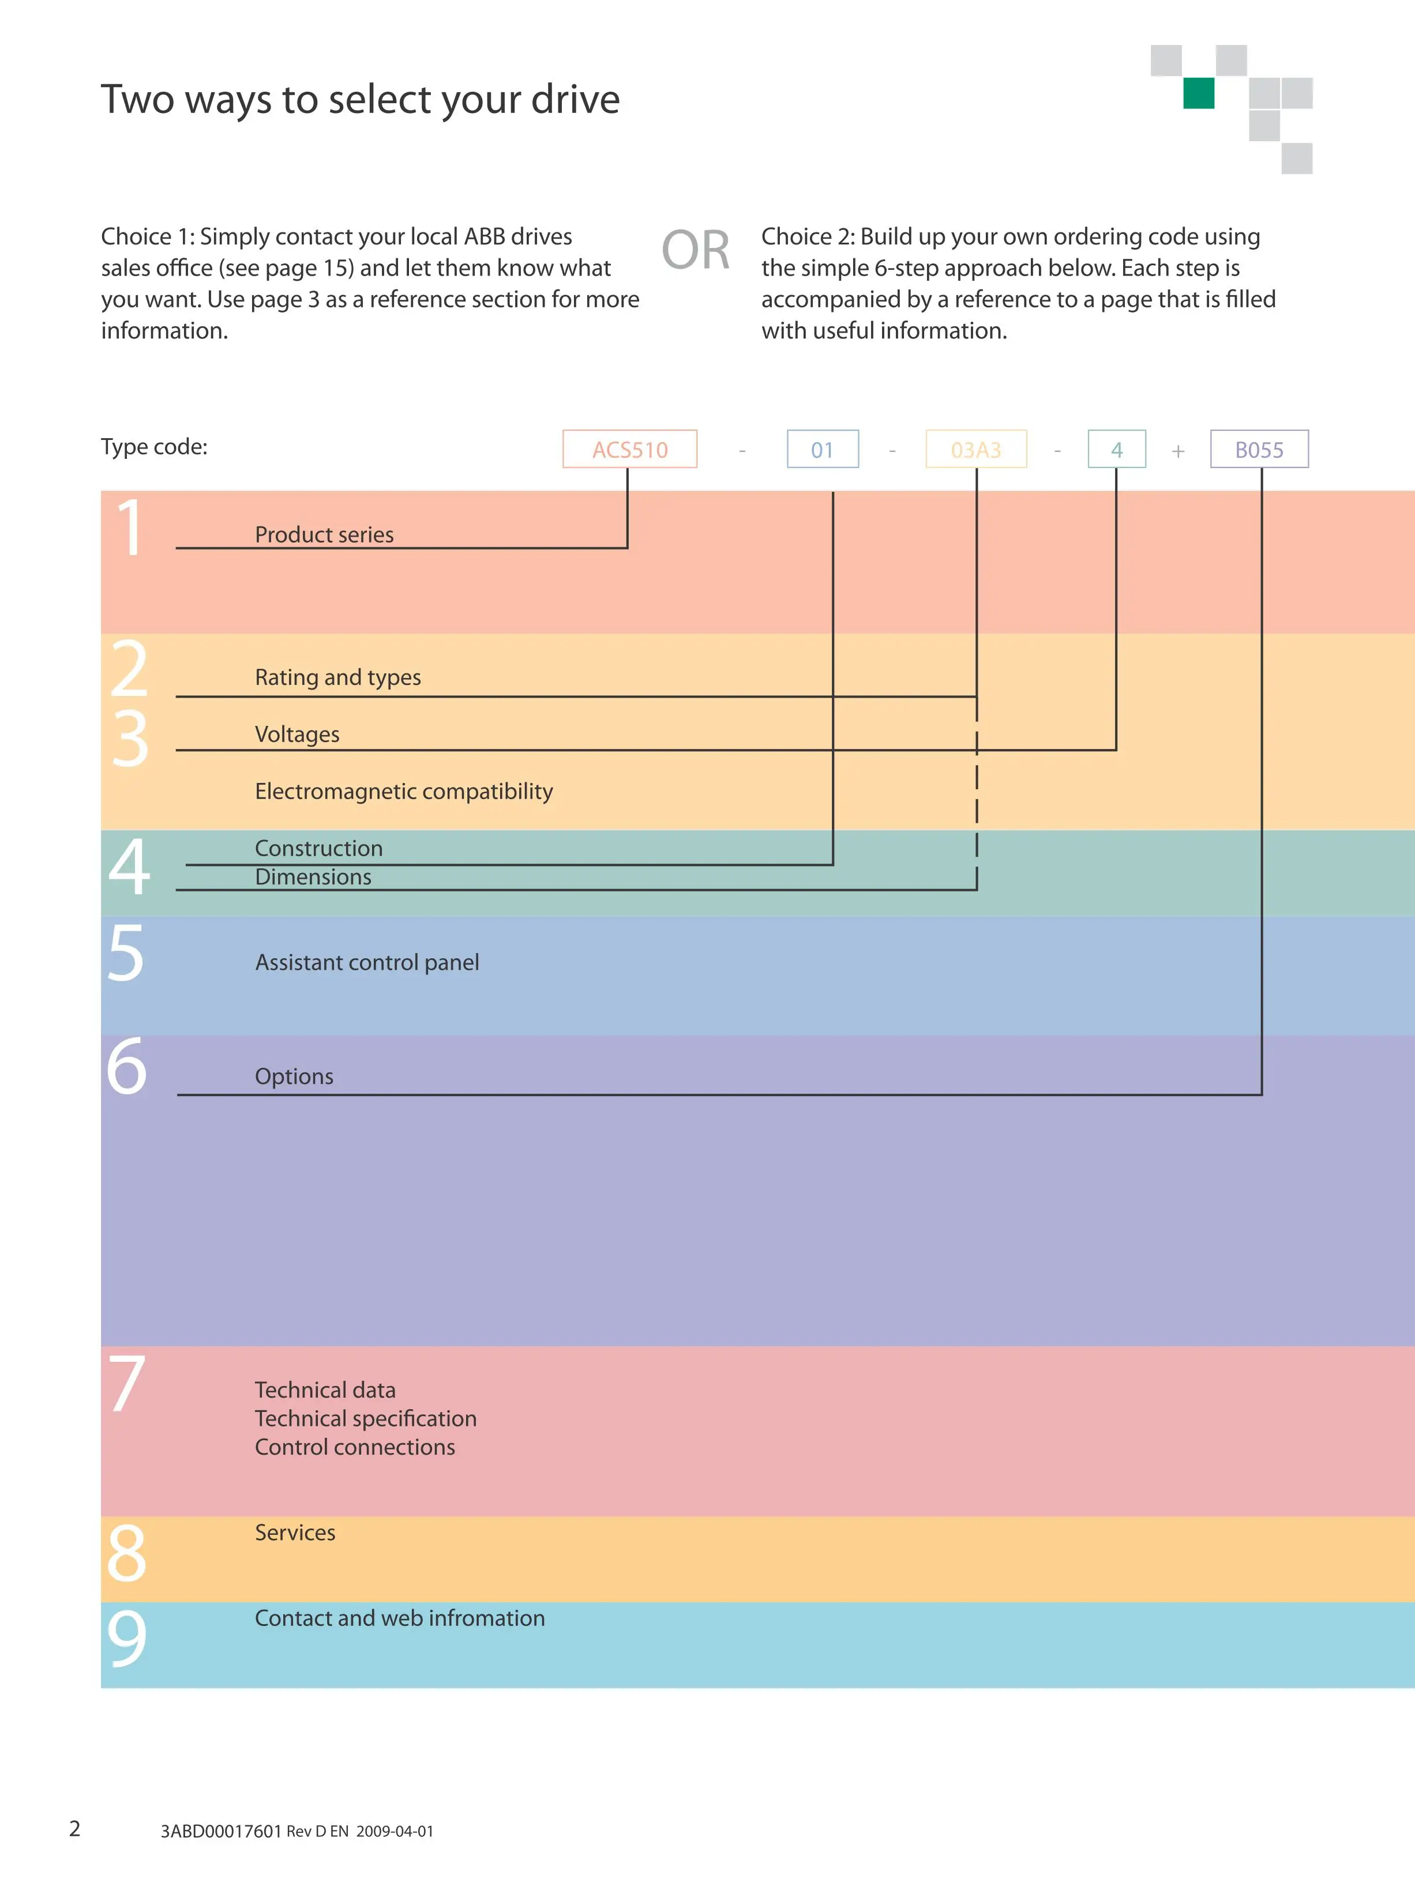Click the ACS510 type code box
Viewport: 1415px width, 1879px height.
click(630, 449)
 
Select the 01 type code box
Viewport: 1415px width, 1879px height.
click(822, 449)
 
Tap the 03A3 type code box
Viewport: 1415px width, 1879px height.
click(975, 449)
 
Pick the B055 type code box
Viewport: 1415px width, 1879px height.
click(1259, 449)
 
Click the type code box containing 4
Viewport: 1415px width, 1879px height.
click(1117, 449)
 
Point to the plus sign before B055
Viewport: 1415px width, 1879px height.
click(1178, 451)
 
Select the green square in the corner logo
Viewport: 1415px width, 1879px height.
click(1198, 93)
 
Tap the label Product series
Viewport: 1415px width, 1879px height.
click(324, 534)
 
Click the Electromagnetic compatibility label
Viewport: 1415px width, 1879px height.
click(404, 791)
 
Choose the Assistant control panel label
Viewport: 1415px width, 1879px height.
click(367, 962)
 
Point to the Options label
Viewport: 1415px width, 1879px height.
click(294, 1076)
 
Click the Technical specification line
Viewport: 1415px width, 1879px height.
click(366, 1418)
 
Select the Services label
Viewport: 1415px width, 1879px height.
click(295, 1532)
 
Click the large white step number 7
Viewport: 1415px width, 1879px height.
click(127, 1383)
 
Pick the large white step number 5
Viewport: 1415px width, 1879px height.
click(126, 953)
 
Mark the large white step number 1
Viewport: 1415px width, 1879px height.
click(130, 528)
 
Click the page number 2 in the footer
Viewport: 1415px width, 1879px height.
click(75, 1828)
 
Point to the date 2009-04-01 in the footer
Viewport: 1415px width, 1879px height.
click(395, 1831)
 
